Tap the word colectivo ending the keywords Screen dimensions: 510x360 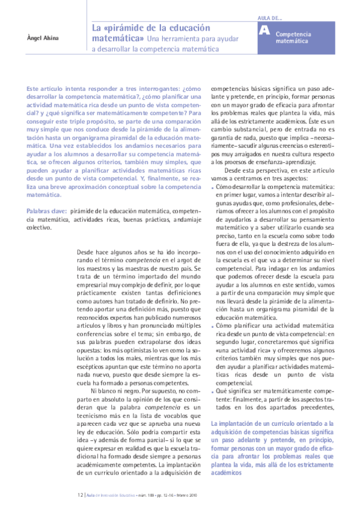click(39, 229)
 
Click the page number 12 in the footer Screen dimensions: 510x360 click(80, 495)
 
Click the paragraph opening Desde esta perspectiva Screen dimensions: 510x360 click(252, 171)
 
